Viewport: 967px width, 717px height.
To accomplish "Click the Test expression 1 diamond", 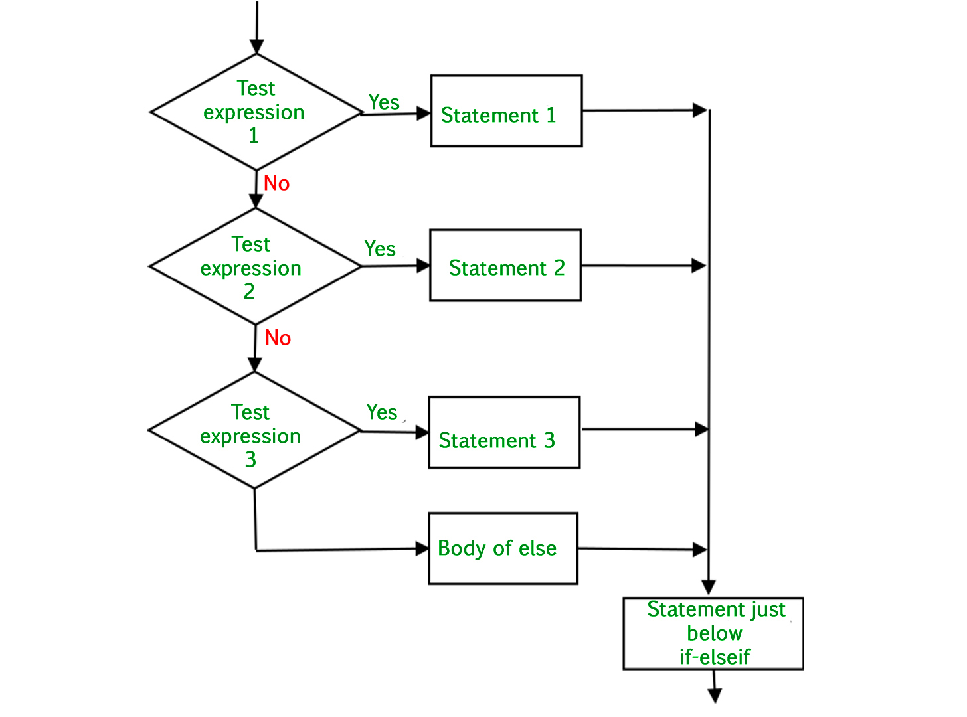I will [256, 112].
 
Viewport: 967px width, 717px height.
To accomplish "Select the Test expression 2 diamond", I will [255, 267].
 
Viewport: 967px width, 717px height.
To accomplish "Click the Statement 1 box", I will [506, 111].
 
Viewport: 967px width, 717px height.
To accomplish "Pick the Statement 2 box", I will [505, 266].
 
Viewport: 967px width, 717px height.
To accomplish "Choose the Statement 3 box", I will [504, 432].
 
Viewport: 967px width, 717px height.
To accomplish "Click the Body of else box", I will [503, 548].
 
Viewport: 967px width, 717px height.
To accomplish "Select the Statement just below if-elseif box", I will [713, 633].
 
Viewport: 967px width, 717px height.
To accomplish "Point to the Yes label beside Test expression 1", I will [384, 102].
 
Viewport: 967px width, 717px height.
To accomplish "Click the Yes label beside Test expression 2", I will [380, 249].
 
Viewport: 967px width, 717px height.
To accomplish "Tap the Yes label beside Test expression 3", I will [382, 412].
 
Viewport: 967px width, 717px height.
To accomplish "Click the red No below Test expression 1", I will [276, 183].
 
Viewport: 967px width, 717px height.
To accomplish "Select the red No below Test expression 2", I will [278, 338].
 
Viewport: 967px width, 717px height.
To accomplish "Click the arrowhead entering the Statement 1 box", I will [424, 114].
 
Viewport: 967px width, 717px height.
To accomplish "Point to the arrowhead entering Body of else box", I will [422, 549].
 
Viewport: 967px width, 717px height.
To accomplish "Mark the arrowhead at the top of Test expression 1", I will [256, 46].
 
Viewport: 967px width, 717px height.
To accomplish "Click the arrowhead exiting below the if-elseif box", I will [715, 696].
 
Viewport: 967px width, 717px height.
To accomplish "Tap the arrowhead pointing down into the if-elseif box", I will [709, 588].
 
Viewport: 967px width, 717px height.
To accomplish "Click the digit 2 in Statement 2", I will [559, 268].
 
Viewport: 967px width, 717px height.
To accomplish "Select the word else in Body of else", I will [537, 548].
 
